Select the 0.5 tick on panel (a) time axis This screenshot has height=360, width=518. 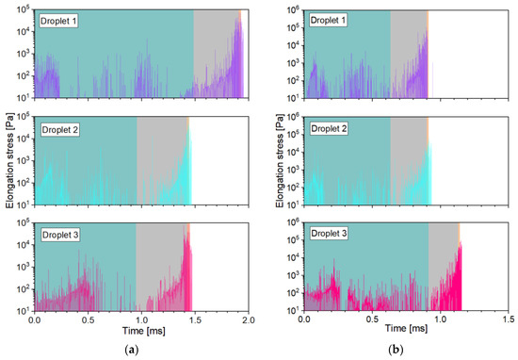pyautogui.click(x=89, y=321)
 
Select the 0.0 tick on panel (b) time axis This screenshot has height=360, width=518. pyautogui.click(x=304, y=321)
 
